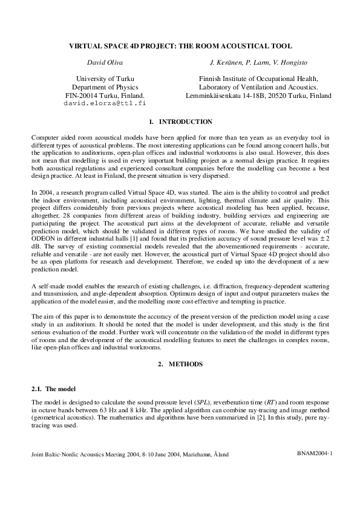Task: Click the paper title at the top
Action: click(180, 45)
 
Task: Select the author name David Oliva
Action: click(105, 62)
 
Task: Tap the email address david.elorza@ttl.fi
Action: click(105, 103)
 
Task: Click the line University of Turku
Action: click(105, 79)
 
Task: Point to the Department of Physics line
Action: click(105, 87)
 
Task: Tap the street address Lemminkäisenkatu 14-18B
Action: click(230, 96)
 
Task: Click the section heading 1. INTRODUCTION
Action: click(180, 122)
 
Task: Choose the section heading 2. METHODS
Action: click(180, 365)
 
